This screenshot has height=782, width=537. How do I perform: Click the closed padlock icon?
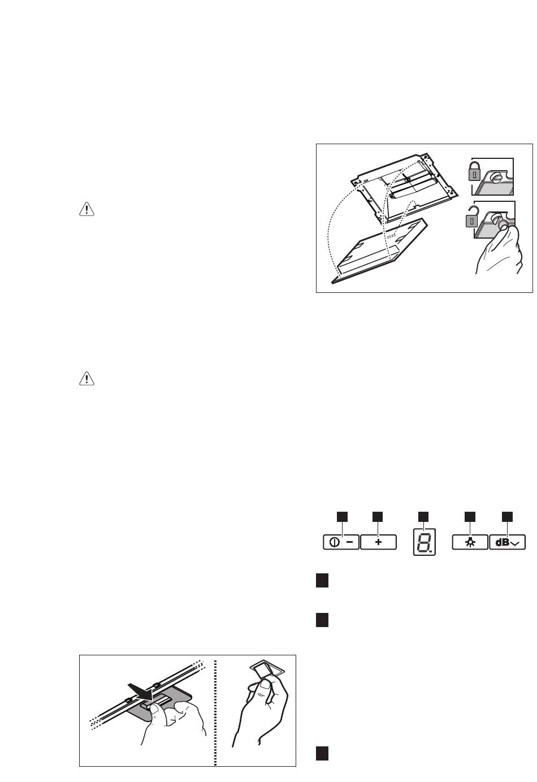474,171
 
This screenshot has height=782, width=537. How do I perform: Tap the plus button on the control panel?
378,542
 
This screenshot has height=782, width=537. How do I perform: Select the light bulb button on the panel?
470,542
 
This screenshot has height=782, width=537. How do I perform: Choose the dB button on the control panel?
508,542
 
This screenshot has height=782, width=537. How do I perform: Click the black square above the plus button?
378,517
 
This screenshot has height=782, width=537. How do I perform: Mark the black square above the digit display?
423,517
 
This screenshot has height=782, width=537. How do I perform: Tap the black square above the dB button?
507,517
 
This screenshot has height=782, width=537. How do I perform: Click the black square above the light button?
470,517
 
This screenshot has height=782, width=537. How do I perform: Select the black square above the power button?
342,517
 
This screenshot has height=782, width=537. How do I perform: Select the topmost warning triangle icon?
86,209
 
